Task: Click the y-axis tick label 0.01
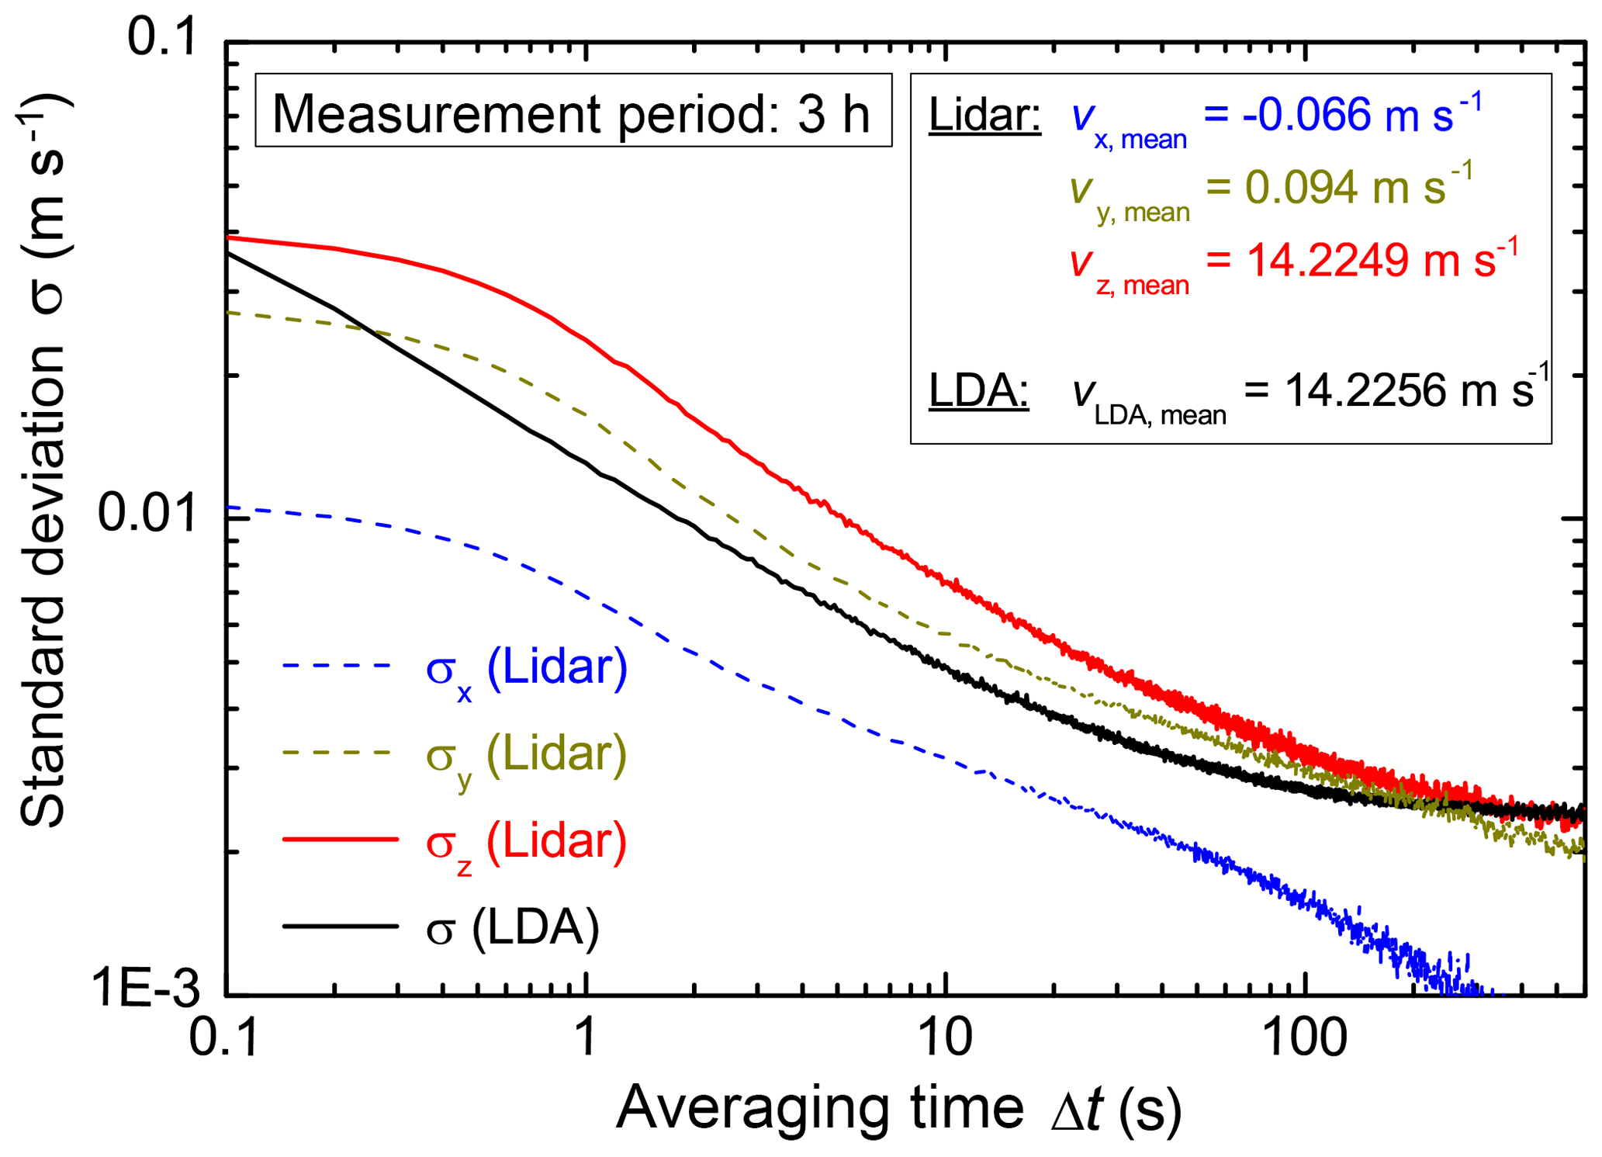(x=147, y=514)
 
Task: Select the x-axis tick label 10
(x=945, y=1037)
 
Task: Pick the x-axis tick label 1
(x=586, y=1037)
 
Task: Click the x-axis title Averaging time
(x=819, y=1108)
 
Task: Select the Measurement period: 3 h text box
(x=573, y=110)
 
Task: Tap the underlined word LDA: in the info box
(x=978, y=390)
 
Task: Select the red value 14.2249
(x=1327, y=260)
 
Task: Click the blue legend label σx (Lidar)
(x=526, y=669)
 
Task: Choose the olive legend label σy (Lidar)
(x=526, y=755)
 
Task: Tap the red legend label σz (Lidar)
(x=526, y=842)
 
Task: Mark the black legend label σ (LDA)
(x=512, y=927)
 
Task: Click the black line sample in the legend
(x=340, y=926)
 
